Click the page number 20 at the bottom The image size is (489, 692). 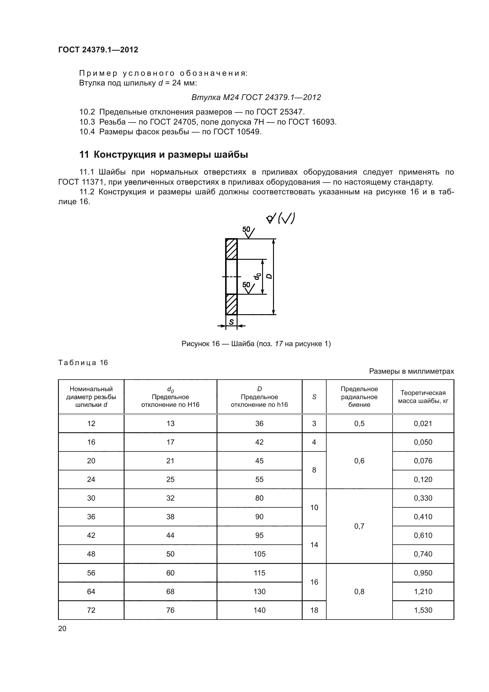tap(62, 628)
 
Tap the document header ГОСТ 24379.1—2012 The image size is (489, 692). tap(98, 50)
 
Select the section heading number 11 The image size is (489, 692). tap(84, 155)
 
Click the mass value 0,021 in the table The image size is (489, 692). tap(423, 423)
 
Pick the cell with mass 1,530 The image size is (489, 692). tap(423, 610)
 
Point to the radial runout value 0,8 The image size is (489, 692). tap(359, 591)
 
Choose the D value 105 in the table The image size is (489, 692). tap(259, 554)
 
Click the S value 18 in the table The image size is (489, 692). tap(314, 610)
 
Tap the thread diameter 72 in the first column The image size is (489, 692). tap(91, 610)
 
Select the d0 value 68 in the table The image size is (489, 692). tap(170, 591)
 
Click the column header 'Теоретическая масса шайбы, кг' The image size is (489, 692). tap(423, 397)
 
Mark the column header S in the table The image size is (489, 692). tap(314, 397)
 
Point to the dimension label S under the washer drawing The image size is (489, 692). tap(231, 322)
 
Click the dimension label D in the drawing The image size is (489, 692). tap(269, 276)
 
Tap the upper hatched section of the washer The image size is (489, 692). tap(231, 249)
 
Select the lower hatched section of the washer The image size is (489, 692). tap(231, 304)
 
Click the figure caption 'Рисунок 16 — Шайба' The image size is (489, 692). tap(256, 343)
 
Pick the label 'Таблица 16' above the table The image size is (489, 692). tap(83, 363)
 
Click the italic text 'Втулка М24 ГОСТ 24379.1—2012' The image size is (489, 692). tap(256, 97)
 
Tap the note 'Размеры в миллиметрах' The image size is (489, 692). tap(411, 371)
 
